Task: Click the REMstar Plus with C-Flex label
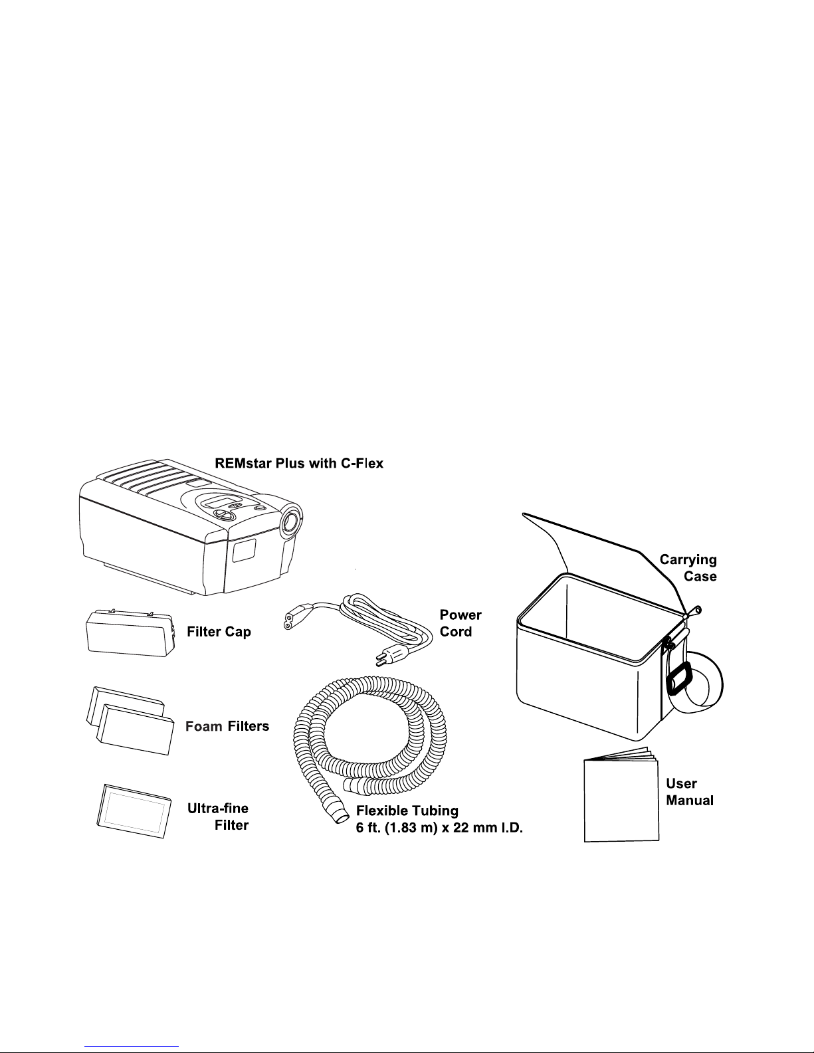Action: pyautogui.click(x=299, y=463)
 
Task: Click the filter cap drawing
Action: pyautogui.click(x=130, y=632)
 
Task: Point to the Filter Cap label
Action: pyautogui.click(x=219, y=632)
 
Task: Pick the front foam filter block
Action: pyautogui.click(x=135, y=729)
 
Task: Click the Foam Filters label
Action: pyautogui.click(x=227, y=726)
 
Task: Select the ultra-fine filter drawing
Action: pyautogui.click(x=134, y=811)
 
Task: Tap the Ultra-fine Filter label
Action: pyautogui.click(x=218, y=816)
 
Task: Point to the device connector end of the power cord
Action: pyautogui.click(x=298, y=621)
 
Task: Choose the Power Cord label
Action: pyautogui.click(x=460, y=623)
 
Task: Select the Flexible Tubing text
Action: pyautogui.click(x=407, y=811)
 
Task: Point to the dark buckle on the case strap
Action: pyautogui.click(x=678, y=680)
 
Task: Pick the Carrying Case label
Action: pyautogui.click(x=688, y=568)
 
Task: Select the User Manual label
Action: pyautogui.click(x=690, y=792)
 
